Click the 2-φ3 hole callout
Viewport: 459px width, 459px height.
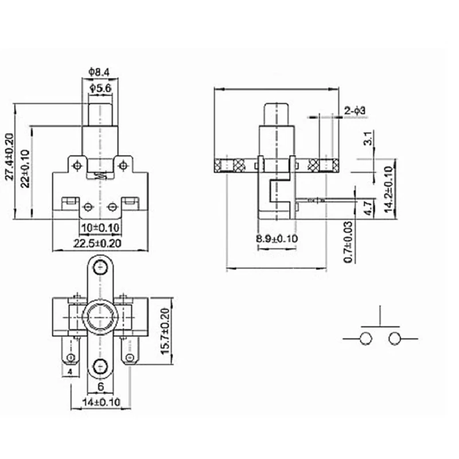[x=355, y=110]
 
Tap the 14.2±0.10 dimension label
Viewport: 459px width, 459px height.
[x=388, y=190]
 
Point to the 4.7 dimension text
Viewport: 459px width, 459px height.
[x=368, y=206]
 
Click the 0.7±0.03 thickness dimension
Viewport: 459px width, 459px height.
[x=348, y=242]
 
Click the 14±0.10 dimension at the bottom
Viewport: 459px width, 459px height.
[x=101, y=402]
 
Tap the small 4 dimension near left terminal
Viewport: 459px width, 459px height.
[x=69, y=373]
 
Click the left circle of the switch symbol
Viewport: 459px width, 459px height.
[x=365, y=339]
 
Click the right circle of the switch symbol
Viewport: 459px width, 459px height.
[x=394, y=339]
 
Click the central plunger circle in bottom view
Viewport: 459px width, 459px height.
[x=100, y=317]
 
